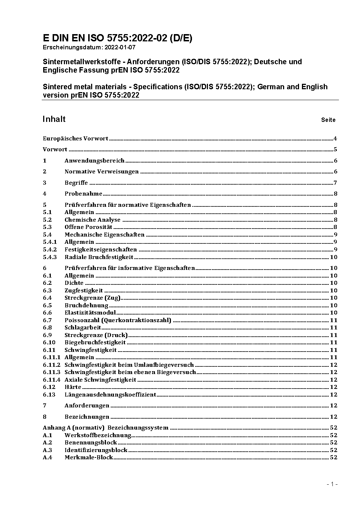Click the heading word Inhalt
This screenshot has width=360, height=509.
point(54,119)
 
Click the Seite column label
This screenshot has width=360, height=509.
point(328,120)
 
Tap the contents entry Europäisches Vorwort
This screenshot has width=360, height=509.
point(75,139)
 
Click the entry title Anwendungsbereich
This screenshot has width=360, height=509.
point(94,161)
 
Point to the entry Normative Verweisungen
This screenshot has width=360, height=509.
point(102,172)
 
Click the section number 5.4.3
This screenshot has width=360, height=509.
point(50,257)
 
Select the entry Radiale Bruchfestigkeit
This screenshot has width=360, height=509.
point(99,257)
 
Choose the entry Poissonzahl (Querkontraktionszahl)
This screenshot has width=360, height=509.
point(118,320)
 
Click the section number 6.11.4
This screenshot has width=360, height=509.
point(52,380)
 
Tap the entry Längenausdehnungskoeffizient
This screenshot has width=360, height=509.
point(110,395)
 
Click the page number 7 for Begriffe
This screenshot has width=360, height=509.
point(335,183)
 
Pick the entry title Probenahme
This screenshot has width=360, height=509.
point(83,194)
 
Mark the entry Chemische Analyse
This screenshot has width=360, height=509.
point(92,220)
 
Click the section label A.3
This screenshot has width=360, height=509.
point(48,450)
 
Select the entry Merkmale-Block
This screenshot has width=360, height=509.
point(89,457)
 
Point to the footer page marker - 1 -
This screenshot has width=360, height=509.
point(332,484)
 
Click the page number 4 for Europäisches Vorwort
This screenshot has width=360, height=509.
point(335,139)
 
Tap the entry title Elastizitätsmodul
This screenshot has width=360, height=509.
point(90,313)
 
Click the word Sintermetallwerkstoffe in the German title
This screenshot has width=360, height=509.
point(83,62)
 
